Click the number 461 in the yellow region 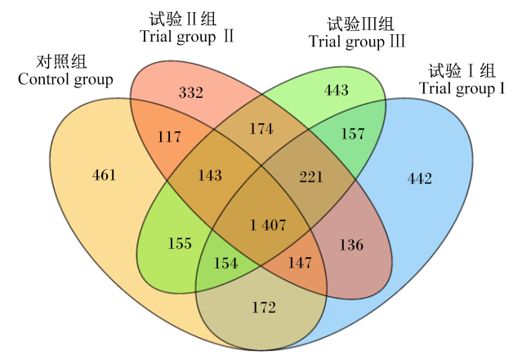coord(105,175)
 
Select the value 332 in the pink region coord(191,92)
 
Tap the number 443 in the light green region coord(337,90)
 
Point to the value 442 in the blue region coord(420,178)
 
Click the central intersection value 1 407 coord(268,225)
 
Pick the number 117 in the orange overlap coord(169,136)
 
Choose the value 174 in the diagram coord(261,129)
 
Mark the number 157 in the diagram coord(353,134)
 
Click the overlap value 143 coord(210,176)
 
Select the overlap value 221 coord(311,177)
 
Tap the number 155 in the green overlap coord(180,243)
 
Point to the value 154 coord(225,263)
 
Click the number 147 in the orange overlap coord(300,263)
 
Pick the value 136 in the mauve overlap coord(351,245)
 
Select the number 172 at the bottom coord(264,308)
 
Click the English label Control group coord(65,80)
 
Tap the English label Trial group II coord(186,37)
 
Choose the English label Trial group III coord(357,42)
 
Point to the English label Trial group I coord(462,89)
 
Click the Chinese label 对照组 coord(61,61)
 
